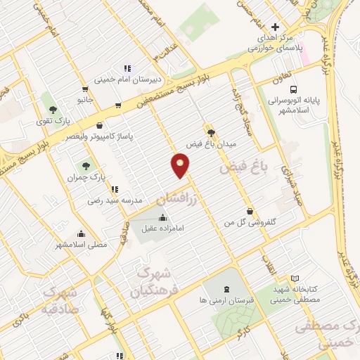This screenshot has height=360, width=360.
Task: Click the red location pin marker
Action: coord(181,166)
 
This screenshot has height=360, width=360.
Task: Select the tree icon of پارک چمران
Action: coord(86,167)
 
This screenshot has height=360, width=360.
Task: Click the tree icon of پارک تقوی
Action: coord(53,109)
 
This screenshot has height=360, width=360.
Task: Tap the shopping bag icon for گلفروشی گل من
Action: coord(250,211)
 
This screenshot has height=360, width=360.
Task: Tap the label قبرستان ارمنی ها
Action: coord(226,300)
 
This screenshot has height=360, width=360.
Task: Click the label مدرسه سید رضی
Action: coord(105,200)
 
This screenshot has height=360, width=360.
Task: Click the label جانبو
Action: coord(84,100)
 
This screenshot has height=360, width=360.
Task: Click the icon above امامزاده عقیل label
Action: coord(164,217)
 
